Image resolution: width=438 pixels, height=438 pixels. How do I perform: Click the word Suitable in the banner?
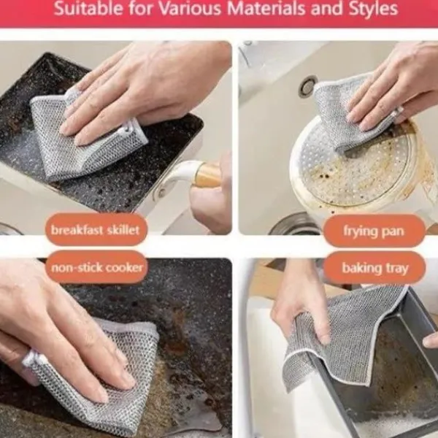coord(88,9)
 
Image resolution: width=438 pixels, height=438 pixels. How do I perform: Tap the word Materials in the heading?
coord(266,8)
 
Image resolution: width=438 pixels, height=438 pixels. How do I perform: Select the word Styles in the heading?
coord(374,9)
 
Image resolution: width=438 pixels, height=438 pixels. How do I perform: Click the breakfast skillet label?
coord(96,230)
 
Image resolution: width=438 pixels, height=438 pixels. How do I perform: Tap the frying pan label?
coord(374,231)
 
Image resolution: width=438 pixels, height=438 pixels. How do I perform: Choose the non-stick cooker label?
coord(96,267)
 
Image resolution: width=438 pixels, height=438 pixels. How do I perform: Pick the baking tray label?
coord(375,268)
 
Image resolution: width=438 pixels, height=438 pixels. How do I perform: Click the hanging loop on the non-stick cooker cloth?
coord(31,359)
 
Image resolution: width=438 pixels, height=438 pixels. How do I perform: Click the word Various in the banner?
coord(190,9)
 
